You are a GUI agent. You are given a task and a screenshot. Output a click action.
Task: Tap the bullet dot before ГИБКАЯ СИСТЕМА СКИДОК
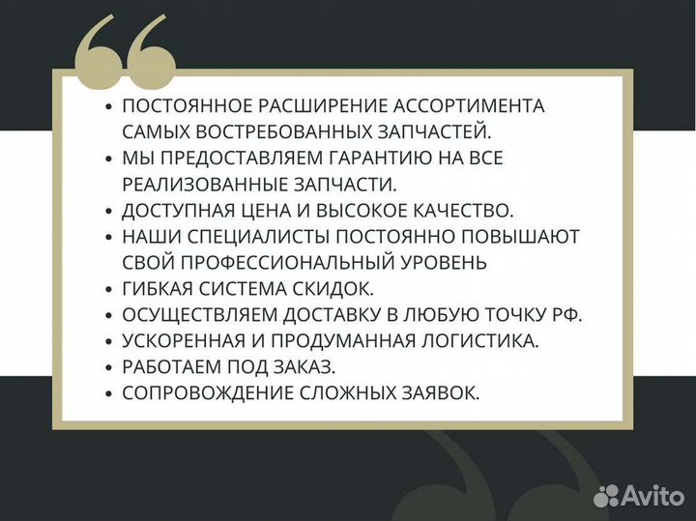click(109, 289)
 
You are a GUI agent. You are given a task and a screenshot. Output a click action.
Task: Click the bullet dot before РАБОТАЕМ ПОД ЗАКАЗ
click(109, 367)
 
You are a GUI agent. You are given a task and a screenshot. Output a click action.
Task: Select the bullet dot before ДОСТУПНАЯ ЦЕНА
click(109, 211)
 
